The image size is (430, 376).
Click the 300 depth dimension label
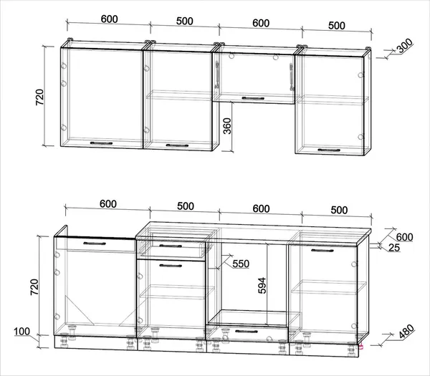[405, 46]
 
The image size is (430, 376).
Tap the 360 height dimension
[227, 126]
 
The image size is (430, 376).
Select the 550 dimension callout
[241, 264]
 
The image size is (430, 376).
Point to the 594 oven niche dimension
[262, 286]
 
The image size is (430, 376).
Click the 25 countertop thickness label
[394, 248]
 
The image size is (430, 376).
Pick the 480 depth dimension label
[406, 332]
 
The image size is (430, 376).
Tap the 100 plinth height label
[22, 332]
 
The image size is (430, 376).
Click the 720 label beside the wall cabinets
[39, 97]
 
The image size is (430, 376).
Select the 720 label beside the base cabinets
[34, 287]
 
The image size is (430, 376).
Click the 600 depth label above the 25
[404, 237]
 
